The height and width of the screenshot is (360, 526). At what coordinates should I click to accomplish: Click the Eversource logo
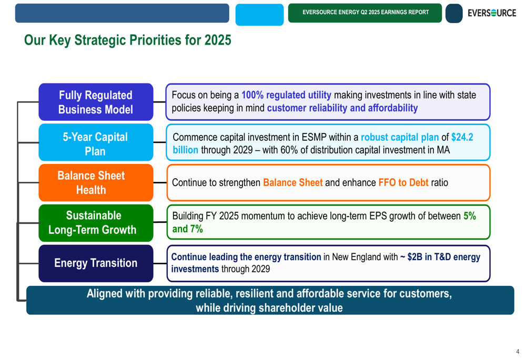(x=492, y=13)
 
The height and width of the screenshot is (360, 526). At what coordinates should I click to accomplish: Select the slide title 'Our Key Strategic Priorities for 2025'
(x=127, y=40)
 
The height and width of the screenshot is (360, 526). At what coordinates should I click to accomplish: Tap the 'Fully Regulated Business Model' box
(x=96, y=102)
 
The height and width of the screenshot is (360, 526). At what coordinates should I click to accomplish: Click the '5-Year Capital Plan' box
(x=96, y=142)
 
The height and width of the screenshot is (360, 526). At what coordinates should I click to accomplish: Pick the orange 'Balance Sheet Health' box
(x=96, y=183)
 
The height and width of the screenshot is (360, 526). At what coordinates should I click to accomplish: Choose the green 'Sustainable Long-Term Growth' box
(x=96, y=223)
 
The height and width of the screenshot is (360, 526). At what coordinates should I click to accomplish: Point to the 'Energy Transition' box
(x=96, y=263)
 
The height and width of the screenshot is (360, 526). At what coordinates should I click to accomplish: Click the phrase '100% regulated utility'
(x=286, y=95)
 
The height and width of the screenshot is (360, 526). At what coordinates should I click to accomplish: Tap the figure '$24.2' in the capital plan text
(x=462, y=137)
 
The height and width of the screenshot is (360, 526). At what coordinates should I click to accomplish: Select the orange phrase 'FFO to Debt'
(x=403, y=183)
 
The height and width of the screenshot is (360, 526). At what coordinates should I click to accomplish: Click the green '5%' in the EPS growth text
(x=470, y=216)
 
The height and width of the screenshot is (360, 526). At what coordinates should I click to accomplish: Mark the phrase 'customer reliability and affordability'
(x=342, y=108)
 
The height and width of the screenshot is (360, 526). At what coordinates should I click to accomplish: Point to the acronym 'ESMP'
(x=314, y=137)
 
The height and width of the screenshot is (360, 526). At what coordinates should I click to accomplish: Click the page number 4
(x=518, y=352)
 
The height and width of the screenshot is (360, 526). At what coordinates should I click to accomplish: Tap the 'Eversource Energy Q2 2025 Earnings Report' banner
(x=365, y=13)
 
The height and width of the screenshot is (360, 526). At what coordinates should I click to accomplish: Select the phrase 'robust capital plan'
(x=400, y=137)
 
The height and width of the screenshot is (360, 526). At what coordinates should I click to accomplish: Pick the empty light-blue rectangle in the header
(x=260, y=15)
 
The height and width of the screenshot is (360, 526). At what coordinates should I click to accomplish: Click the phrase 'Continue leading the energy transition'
(x=246, y=257)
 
